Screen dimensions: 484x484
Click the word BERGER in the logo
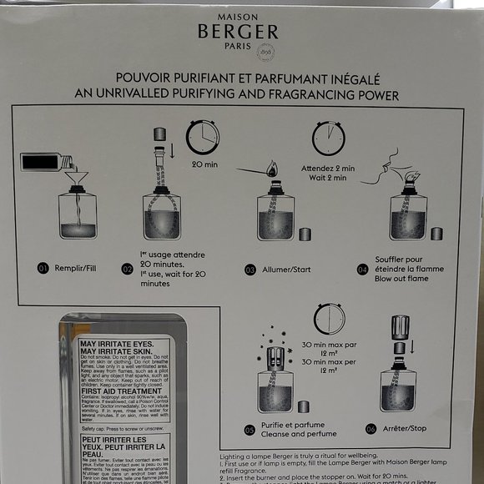point(238,32)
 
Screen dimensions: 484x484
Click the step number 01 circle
point(43,269)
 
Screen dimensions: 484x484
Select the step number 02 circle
point(128,269)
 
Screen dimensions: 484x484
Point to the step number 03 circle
point(250,269)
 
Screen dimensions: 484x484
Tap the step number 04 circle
point(363,269)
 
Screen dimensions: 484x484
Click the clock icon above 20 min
point(203,137)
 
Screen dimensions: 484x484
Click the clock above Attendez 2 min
point(329,139)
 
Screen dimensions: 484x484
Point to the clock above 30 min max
point(329,319)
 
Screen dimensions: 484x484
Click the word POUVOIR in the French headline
point(154,78)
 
